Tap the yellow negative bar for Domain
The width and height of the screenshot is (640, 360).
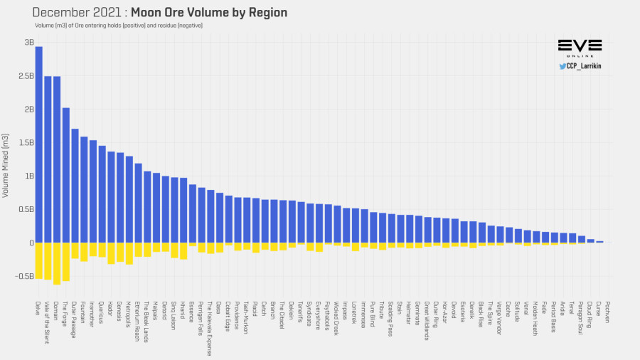click(57, 263)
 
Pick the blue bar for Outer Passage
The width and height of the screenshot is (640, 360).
click(75, 186)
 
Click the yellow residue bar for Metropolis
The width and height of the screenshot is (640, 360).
click(129, 253)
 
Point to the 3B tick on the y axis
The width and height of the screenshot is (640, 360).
click(29, 43)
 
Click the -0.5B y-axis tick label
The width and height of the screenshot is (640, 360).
click(25, 276)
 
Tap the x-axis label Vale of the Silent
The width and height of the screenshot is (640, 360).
click(48, 322)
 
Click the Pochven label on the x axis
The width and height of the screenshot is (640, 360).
click(608, 313)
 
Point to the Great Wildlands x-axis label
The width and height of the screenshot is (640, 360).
click(427, 321)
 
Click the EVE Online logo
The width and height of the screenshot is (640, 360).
click(580, 48)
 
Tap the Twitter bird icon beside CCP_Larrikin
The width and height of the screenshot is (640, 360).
click(562, 66)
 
